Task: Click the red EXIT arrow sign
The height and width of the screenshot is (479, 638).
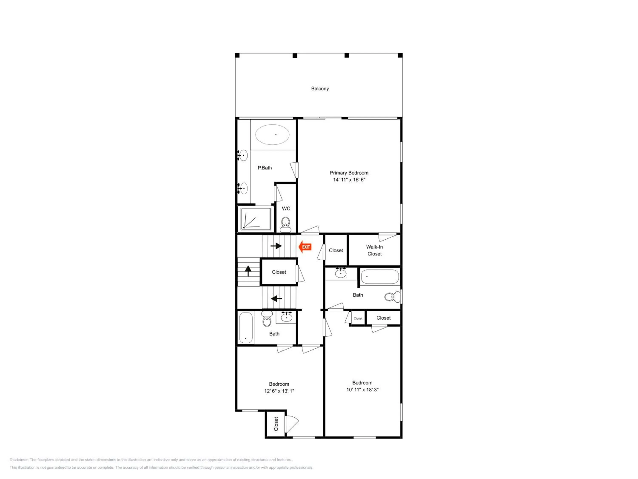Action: coord(305,247)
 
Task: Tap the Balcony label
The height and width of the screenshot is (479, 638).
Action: coord(320,89)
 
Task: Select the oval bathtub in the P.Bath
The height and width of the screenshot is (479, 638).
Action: coord(272,135)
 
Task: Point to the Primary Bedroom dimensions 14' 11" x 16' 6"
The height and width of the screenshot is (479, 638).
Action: coord(349,180)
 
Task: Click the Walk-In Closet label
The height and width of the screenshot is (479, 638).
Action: coord(374,250)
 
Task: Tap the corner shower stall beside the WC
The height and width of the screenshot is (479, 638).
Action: coord(256,219)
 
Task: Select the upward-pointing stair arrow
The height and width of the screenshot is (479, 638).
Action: coord(248,271)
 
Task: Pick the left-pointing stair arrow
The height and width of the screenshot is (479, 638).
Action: coord(276,298)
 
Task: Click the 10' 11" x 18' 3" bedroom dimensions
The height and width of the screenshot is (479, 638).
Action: coord(362,390)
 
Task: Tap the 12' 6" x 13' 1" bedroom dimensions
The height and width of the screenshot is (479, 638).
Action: coord(279,391)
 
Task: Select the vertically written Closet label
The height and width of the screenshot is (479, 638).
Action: coord(276,424)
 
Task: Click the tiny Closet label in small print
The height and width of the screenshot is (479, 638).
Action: coord(358,318)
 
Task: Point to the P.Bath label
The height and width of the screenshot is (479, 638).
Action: coord(265,168)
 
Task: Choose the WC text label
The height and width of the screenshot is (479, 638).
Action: coord(286,208)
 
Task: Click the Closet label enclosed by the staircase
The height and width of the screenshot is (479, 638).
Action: coord(279,272)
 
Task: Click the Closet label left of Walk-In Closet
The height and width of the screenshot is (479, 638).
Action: coord(336,250)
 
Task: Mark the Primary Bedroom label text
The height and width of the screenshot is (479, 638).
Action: coord(349,173)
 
